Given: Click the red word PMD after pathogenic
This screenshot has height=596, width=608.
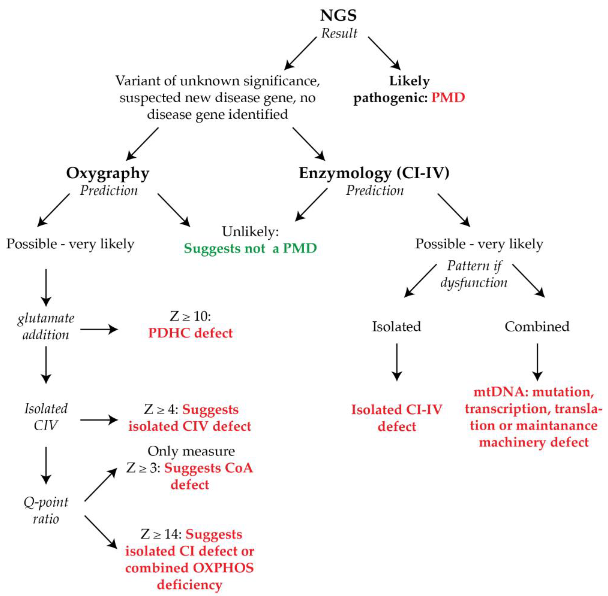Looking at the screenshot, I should coord(448,98).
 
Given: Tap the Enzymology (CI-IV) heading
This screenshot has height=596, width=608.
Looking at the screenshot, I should coord(374,173).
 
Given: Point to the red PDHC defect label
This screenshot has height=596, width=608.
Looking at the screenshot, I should coord(190,333).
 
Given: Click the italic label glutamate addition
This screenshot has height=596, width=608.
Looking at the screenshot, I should coord(46,326).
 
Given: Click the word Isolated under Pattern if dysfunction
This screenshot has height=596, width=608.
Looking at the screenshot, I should coord(396,326).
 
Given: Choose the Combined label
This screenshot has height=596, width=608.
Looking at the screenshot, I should coord(537,326).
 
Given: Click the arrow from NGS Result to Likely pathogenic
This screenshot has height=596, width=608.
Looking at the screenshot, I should coord(384,53).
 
